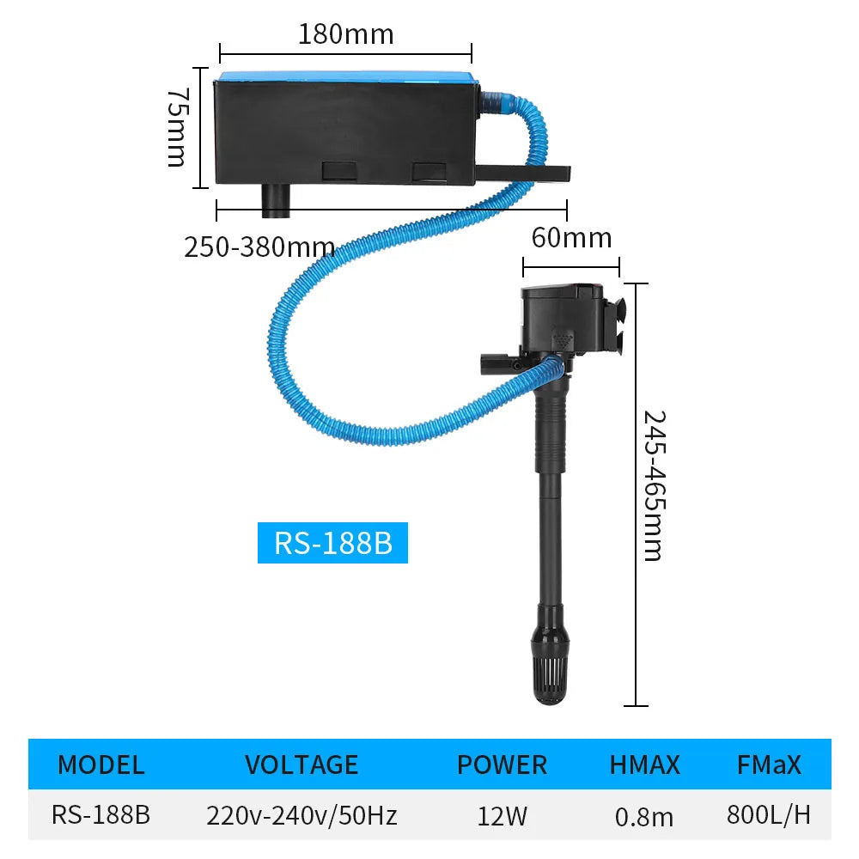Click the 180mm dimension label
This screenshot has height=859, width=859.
(x=345, y=34)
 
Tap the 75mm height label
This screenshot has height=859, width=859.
(x=176, y=126)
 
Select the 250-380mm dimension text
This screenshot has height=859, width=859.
(x=259, y=247)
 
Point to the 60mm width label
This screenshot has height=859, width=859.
(x=571, y=237)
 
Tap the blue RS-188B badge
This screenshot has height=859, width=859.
(x=332, y=544)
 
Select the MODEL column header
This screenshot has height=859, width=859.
(x=101, y=764)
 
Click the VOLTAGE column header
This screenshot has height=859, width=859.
(x=302, y=764)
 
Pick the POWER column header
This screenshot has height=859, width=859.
(x=502, y=764)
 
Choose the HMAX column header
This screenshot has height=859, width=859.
(x=644, y=764)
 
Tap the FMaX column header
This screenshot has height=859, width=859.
(x=768, y=764)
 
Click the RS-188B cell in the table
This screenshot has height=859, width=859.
(x=101, y=814)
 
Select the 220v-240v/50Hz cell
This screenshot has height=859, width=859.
(x=302, y=814)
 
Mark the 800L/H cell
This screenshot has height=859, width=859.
(x=768, y=814)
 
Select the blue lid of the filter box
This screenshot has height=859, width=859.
(x=344, y=76)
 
